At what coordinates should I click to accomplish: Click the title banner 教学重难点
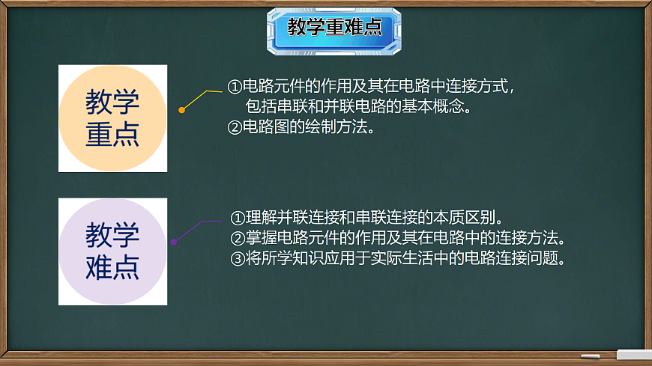click(x=334, y=28)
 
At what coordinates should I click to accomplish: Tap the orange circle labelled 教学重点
click(x=112, y=118)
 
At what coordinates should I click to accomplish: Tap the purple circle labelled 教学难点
click(x=112, y=251)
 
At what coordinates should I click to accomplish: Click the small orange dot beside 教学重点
click(x=181, y=110)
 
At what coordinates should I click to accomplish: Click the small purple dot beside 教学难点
click(x=174, y=242)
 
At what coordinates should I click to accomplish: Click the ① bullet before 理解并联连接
click(x=237, y=218)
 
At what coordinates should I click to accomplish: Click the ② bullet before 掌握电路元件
click(x=237, y=239)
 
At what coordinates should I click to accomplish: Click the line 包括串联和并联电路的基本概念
click(x=358, y=106)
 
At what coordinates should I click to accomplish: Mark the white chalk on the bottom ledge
click(x=591, y=356)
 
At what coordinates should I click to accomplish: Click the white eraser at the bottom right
click(x=633, y=354)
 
